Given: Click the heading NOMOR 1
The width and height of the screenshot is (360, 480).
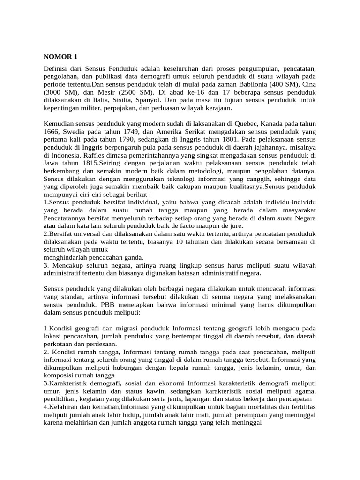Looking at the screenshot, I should [60, 57].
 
